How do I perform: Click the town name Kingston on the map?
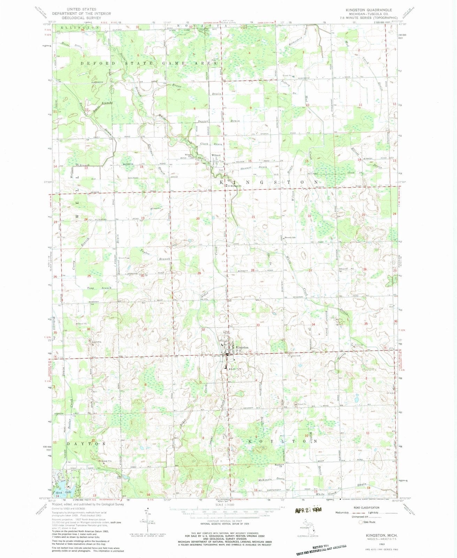point(242,347)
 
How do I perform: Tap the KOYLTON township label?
point(283,441)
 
